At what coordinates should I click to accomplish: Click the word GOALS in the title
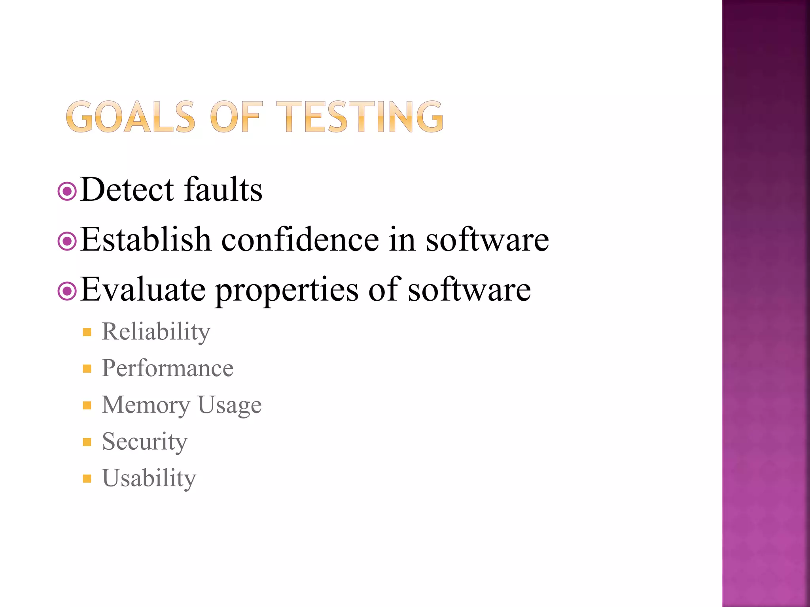click(x=131, y=117)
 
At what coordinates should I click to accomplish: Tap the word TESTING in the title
click(x=360, y=117)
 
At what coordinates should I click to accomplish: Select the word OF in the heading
click(x=236, y=117)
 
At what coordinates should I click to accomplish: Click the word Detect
click(x=127, y=190)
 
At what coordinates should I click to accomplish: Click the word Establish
click(x=146, y=239)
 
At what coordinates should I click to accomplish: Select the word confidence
click(x=300, y=239)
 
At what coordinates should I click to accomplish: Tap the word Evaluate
click(x=143, y=290)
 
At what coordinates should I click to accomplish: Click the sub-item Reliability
click(x=156, y=332)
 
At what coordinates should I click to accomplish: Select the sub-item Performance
click(x=168, y=368)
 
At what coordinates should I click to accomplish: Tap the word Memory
click(x=146, y=405)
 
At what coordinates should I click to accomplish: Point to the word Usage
click(x=229, y=405)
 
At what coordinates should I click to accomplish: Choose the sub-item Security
click(x=145, y=442)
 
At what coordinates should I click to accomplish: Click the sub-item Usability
click(x=149, y=479)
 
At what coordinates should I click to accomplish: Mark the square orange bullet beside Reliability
click(x=87, y=332)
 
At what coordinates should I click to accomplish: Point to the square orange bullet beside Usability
click(x=87, y=479)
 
